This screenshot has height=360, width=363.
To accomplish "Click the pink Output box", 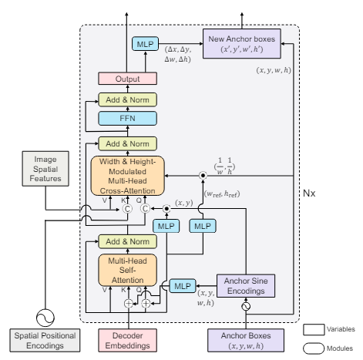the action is [x=127, y=79].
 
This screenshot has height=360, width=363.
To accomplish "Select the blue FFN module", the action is [x=127, y=119].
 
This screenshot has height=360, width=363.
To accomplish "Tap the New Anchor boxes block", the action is [x=242, y=44].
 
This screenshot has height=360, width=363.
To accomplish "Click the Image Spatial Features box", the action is [x=45, y=169].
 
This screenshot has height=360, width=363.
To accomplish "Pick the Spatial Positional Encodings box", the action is [x=45, y=341].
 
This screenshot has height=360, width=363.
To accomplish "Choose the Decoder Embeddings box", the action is [x=127, y=341].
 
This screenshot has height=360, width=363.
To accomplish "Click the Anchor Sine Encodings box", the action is [x=246, y=286].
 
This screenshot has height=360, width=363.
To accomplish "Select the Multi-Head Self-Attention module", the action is [x=127, y=270].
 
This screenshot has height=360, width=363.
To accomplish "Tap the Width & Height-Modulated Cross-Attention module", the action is [x=127, y=176].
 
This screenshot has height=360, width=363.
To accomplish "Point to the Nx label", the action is [x=309, y=193].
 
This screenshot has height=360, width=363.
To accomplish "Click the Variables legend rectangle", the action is [x=314, y=330].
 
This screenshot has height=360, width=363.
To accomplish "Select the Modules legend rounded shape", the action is [x=314, y=348].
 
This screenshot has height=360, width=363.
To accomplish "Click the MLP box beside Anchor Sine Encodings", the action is [x=183, y=286].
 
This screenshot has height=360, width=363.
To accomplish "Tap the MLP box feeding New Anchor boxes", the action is [x=145, y=44].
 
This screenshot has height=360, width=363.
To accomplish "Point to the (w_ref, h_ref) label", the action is [x=222, y=194].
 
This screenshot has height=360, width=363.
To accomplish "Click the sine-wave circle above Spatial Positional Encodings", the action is [x=45, y=318].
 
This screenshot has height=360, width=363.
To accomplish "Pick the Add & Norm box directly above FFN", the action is [x=127, y=99].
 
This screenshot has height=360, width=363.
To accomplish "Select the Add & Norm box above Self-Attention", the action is [x=127, y=241].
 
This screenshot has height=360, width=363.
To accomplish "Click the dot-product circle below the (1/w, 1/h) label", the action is [x=203, y=176].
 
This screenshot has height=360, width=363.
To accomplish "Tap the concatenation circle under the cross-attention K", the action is [x=127, y=209].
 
